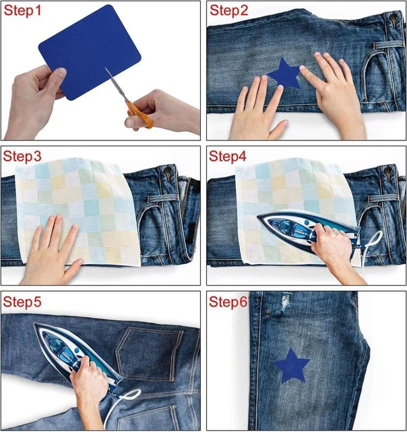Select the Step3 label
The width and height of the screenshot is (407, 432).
[23, 157]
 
